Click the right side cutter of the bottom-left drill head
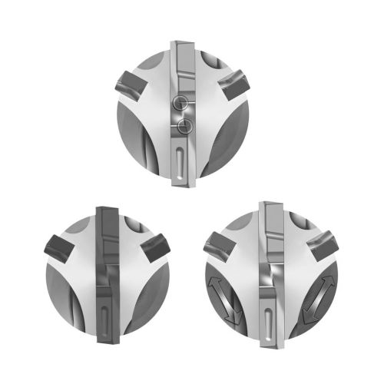[156, 247]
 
